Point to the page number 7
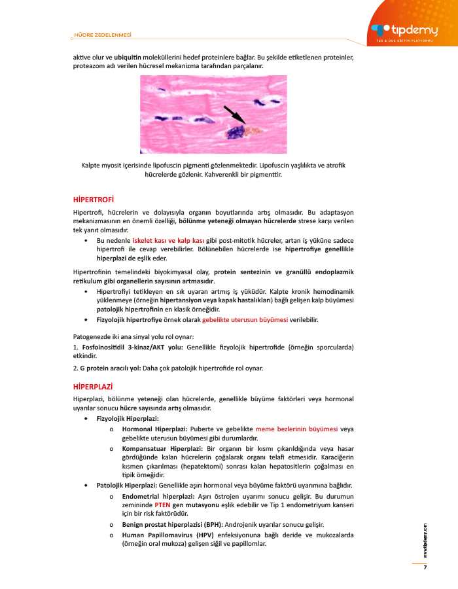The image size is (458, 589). coord(425,567)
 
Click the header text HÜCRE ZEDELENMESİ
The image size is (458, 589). coord(103,35)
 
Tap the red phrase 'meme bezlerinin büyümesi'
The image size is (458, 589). coord(297,429)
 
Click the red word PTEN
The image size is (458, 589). coord(163,506)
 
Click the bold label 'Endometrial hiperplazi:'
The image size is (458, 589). coord(156,497)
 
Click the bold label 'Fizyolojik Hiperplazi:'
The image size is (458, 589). coord(128,418)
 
